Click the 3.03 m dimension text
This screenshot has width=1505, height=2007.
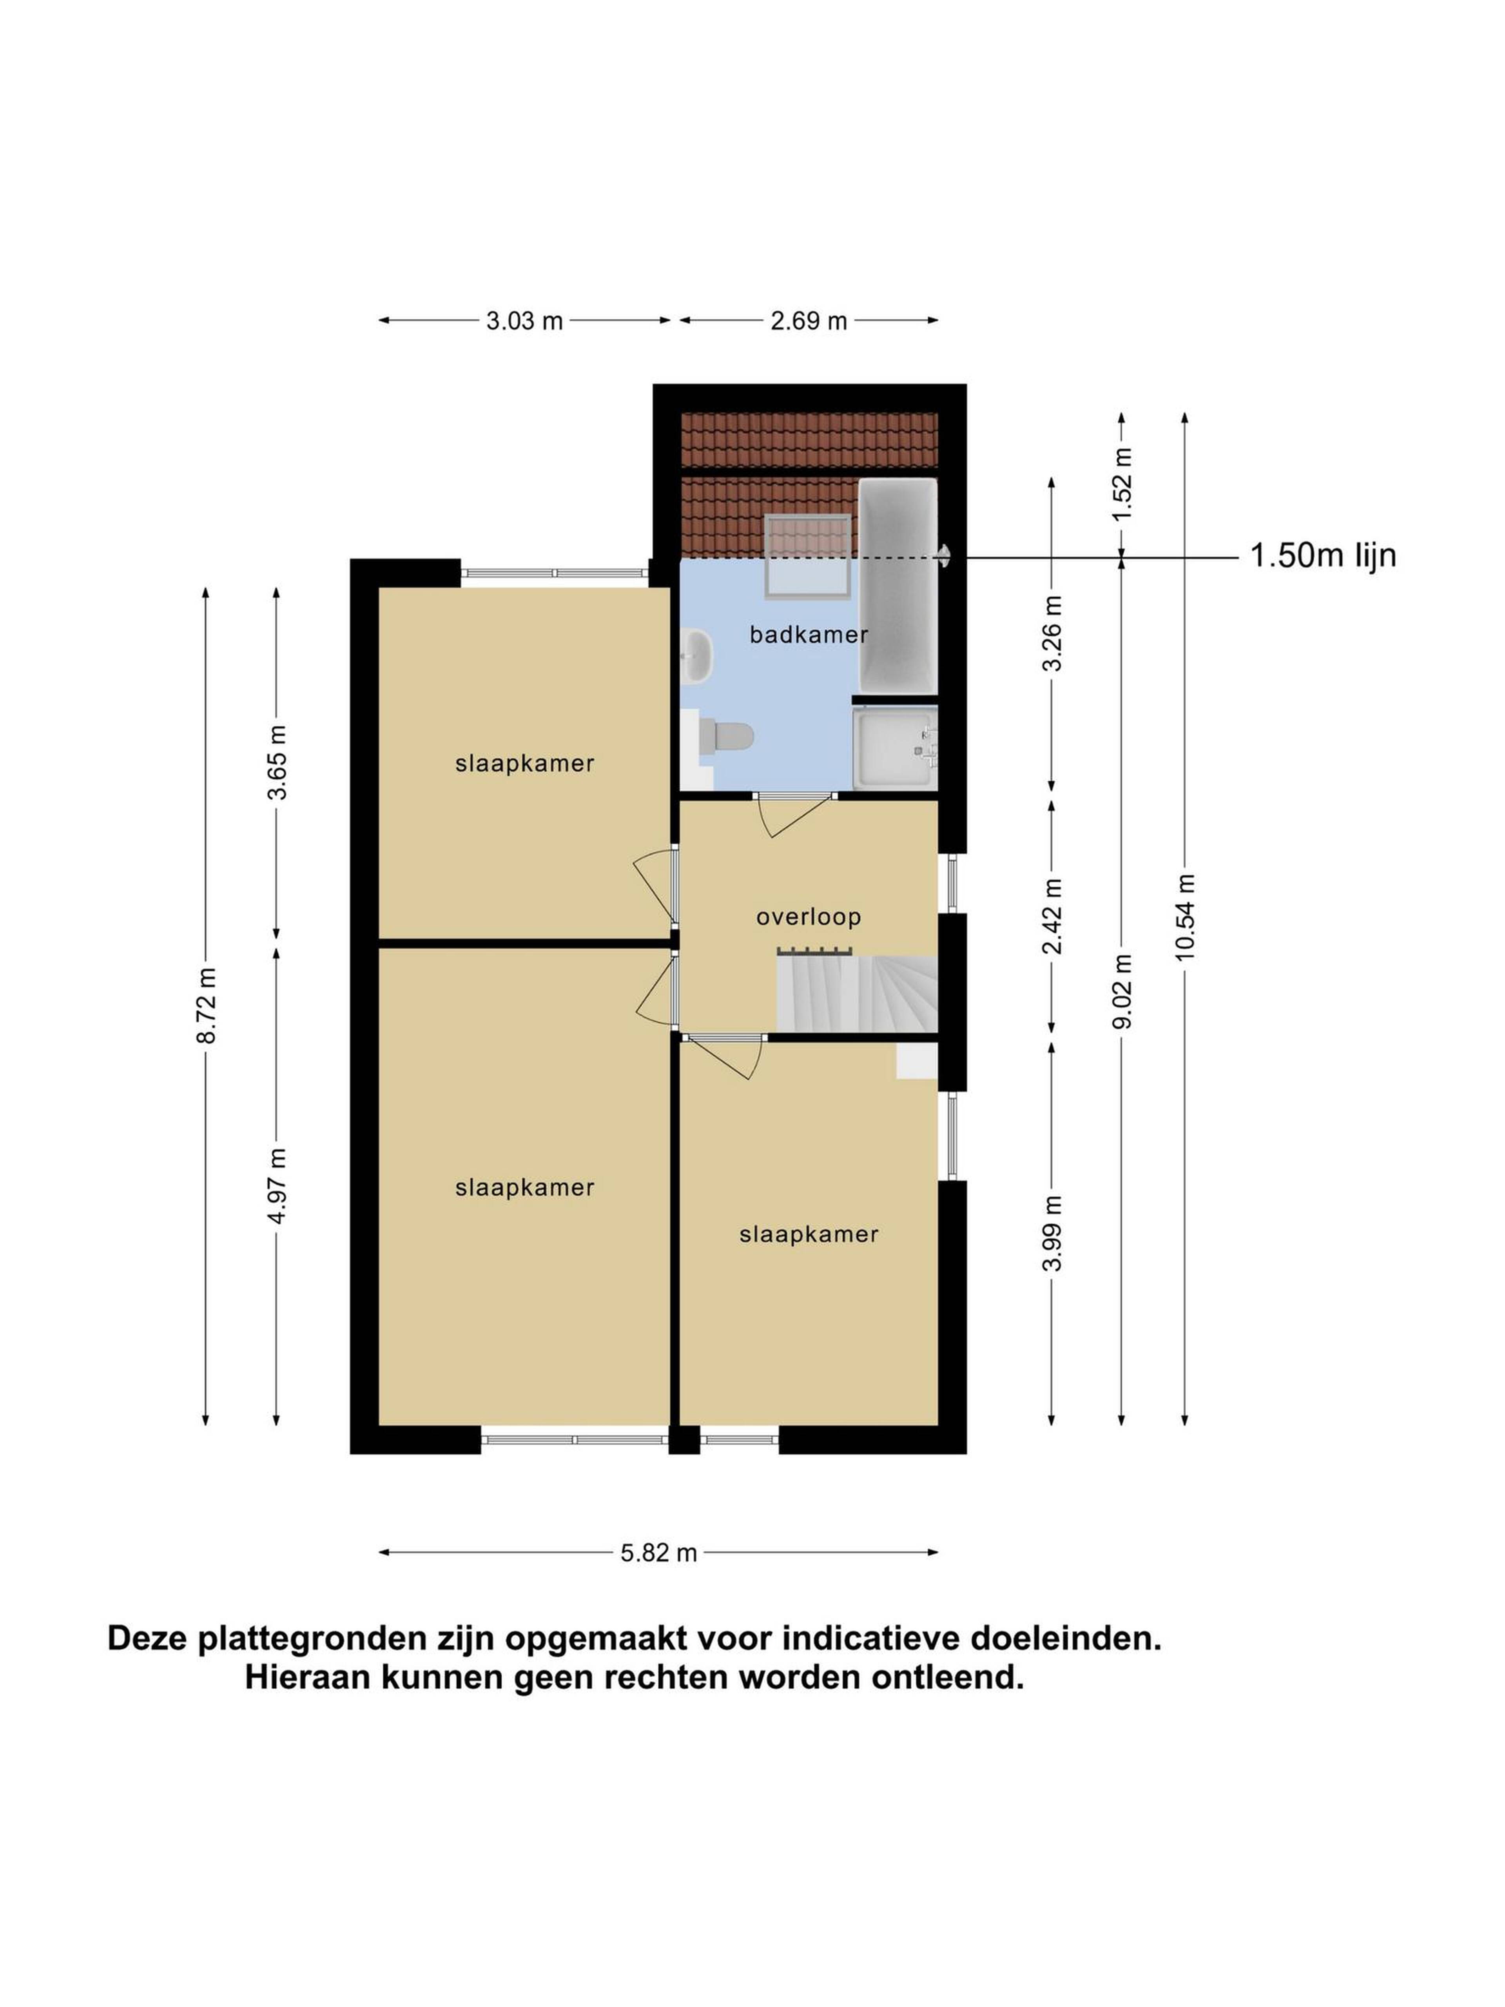(x=524, y=320)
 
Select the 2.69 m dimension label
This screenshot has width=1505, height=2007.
(x=808, y=320)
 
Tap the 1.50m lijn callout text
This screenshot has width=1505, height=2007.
(x=1323, y=555)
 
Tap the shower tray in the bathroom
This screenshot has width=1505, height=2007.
(x=894, y=749)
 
